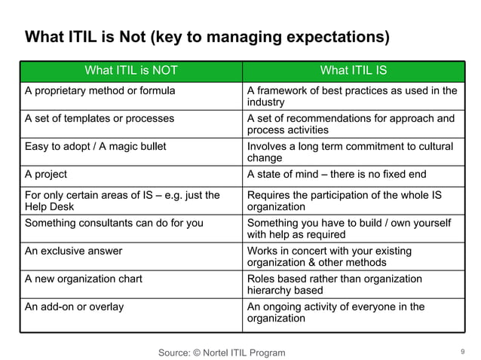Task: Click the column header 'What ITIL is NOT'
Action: pos(131,71)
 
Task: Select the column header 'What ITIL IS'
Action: pos(353,71)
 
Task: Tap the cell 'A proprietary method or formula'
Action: pos(100,91)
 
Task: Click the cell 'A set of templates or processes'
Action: pos(100,118)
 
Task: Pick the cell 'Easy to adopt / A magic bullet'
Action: pos(95,146)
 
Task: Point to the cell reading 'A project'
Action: pos(46,174)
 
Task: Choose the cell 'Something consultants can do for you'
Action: pos(114,223)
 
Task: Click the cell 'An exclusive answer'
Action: pos(73,251)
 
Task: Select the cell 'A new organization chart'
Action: pos(84,279)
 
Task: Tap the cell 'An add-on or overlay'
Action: pos(75,307)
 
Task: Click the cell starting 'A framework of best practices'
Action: pos(352,96)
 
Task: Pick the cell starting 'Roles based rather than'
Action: pos(335,284)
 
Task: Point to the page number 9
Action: pos(461,351)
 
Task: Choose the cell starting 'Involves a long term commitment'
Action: pos(351,151)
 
